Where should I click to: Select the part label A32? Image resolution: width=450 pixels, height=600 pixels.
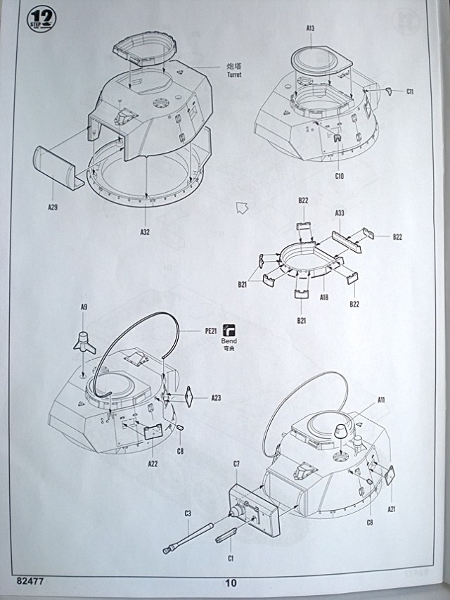[x=145, y=231]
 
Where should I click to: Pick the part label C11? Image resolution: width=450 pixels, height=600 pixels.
[x=410, y=91]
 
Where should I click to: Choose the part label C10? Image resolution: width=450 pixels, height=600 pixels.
[x=339, y=175]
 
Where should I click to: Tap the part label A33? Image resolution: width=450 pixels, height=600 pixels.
[x=339, y=212]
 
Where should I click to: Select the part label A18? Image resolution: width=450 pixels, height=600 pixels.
[x=324, y=298]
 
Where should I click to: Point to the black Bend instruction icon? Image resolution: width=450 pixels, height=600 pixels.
[x=230, y=329]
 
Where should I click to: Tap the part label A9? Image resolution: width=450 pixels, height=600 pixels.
[x=84, y=307]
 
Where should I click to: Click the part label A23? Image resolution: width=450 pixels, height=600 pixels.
[x=216, y=398]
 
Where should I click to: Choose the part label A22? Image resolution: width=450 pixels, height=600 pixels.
[x=153, y=463]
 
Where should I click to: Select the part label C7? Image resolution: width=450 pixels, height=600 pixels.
[x=237, y=465]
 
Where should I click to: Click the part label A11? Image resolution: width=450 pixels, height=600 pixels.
[x=381, y=400]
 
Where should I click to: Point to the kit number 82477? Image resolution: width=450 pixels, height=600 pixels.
[x=30, y=581]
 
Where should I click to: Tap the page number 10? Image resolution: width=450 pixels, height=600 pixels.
[x=231, y=582]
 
